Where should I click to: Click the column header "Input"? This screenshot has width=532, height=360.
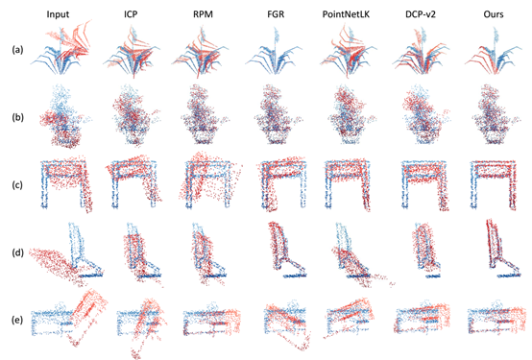coord(58,14)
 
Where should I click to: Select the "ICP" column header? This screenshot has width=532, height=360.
coord(131,14)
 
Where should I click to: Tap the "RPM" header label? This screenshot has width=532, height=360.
coord(203,14)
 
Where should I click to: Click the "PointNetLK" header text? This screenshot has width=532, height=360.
coord(346,14)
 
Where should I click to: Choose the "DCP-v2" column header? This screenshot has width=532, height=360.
coord(421,14)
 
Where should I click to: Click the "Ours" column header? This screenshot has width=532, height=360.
coord(494,14)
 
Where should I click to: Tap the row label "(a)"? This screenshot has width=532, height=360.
coord(17,50)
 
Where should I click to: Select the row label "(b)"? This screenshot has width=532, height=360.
coord(17,117)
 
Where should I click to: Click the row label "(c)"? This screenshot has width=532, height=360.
coord(17,185)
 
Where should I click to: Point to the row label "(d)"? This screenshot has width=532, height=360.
coord(17,252)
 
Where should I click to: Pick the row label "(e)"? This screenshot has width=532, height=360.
coord(17,320)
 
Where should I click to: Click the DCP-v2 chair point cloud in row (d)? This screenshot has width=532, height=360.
coord(425,252)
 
